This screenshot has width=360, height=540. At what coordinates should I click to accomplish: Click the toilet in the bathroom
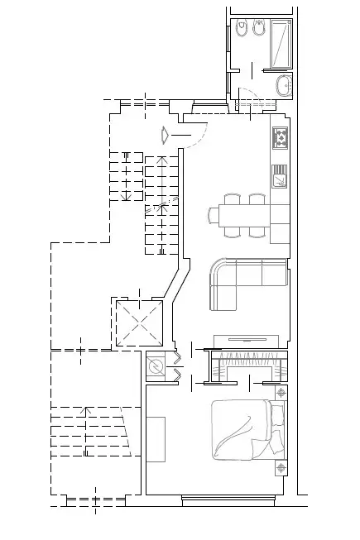[242, 31]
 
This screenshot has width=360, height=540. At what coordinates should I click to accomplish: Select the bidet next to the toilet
[259, 31]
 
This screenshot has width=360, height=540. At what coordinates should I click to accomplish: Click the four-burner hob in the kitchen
[281, 137]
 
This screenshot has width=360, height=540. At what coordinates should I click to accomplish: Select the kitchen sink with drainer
[281, 175]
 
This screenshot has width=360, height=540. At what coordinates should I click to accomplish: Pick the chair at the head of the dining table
[214, 215]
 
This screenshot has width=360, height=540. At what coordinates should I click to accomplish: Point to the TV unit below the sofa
[246, 339]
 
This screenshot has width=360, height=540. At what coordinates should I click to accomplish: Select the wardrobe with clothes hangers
[245, 366]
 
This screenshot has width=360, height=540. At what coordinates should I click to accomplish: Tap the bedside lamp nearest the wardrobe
[281, 392]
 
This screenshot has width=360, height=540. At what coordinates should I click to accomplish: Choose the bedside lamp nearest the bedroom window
[281, 468]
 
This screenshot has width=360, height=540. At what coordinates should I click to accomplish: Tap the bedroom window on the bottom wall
[227, 499]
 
